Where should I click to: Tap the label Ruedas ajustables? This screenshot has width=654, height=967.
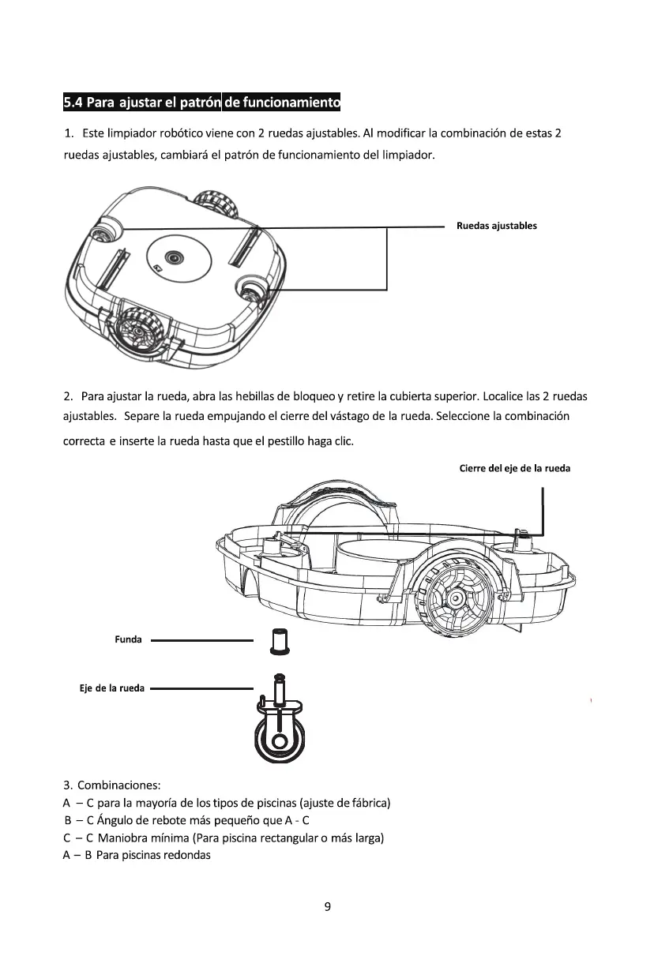click(x=496, y=226)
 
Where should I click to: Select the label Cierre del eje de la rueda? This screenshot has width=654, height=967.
click(x=514, y=468)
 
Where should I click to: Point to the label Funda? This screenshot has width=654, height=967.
click(x=129, y=639)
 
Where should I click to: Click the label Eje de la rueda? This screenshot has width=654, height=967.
click(x=112, y=688)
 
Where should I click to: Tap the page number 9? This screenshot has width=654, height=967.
click(x=327, y=906)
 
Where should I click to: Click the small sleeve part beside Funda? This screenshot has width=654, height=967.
click(x=278, y=641)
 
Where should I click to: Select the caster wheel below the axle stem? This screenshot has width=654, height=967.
click(x=280, y=738)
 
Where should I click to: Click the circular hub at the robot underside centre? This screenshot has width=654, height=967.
click(x=174, y=258)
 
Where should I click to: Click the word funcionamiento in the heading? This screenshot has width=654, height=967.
click(x=280, y=103)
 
